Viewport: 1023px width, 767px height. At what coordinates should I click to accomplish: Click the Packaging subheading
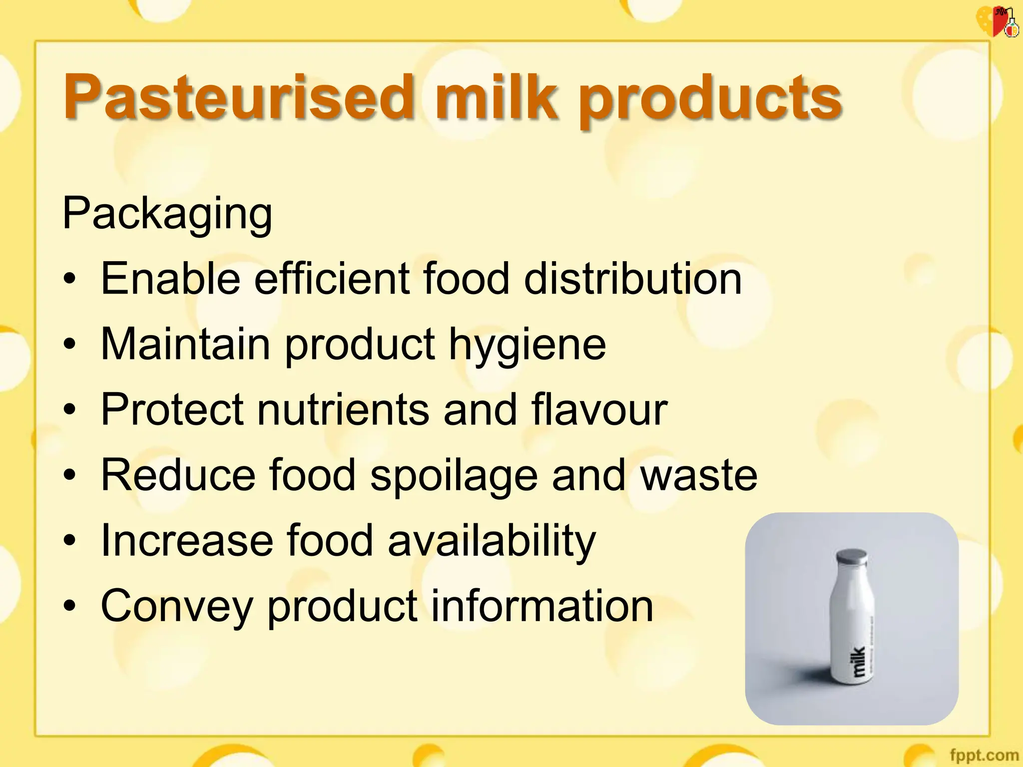(x=167, y=214)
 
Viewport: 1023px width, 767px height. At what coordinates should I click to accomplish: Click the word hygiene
(x=527, y=346)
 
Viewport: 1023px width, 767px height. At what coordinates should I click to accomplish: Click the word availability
(x=492, y=541)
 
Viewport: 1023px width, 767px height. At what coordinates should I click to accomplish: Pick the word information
(x=541, y=606)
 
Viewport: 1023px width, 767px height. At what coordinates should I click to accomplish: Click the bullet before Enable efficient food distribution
(x=70, y=279)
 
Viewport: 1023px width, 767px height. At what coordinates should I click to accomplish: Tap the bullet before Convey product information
(x=70, y=606)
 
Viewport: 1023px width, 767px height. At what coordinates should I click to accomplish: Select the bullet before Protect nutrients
(x=70, y=410)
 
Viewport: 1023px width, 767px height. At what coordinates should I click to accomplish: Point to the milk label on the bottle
(x=858, y=661)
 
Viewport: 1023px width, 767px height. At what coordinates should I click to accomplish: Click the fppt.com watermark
(x=984, y=755)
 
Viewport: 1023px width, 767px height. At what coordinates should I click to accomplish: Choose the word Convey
(x=177, y=606)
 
